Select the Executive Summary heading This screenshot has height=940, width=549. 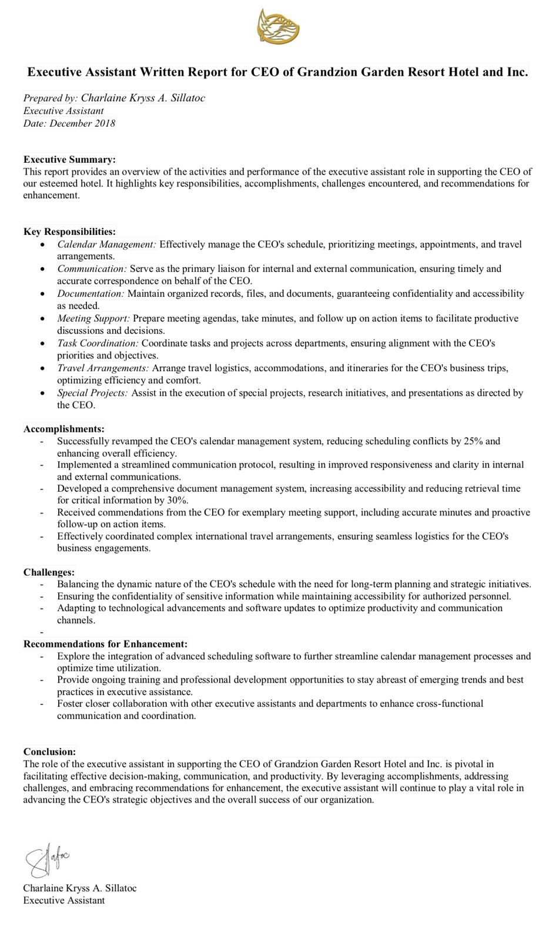69,159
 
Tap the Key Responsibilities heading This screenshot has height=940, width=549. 69,231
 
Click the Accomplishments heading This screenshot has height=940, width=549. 64,429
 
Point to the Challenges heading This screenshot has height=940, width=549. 49,572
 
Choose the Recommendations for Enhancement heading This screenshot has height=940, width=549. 106,644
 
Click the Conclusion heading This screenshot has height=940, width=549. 49,751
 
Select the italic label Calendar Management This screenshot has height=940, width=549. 106,244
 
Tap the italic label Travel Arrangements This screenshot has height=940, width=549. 103,368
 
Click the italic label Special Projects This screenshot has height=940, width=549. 92,392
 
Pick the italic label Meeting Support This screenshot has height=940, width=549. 93,318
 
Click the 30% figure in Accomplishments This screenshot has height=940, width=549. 177,500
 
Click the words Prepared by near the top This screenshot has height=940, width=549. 49,98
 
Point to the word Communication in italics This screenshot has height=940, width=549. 92,268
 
